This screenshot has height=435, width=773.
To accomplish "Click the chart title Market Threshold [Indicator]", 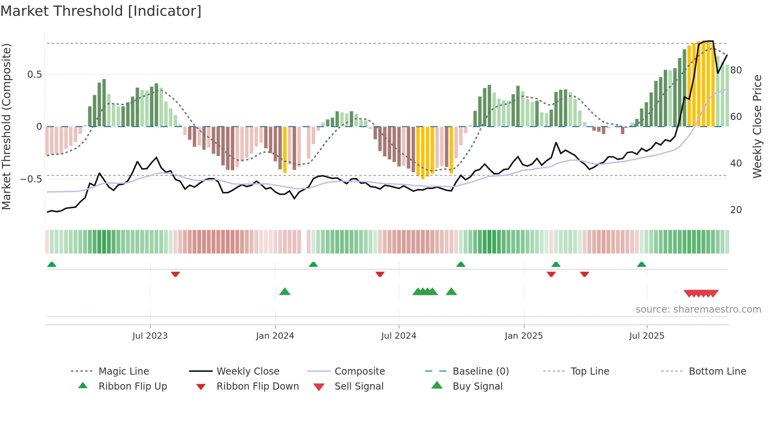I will [x=101, y=11].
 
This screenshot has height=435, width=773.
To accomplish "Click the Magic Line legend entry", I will [x=123, y=371].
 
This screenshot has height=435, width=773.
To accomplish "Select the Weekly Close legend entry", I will [x=248, y=371].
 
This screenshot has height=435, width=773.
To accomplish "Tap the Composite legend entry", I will [x=359, y=371].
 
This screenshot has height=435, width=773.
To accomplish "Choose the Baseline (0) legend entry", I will [x=480, y=371].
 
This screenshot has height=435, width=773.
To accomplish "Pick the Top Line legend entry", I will [x=590, y=371].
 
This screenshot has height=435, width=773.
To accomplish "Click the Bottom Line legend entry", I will [x=717, y=371].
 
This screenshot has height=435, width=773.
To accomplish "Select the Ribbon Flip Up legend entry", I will [x=133, y=386].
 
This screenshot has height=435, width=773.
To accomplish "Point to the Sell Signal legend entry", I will [x=358, y=386].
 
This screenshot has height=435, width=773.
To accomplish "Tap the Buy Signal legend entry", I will [x=477, y=386].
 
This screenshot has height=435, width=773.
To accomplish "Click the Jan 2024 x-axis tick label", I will [x=275, y=336].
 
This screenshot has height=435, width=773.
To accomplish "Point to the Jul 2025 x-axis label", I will [x=646, y=336].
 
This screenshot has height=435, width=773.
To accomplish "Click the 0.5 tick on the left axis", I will [x=34, y=74].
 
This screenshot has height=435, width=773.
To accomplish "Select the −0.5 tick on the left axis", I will [x=31, y=179].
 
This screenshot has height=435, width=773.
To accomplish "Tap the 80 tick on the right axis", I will [x=736, y=70].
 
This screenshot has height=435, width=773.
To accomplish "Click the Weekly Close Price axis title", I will [x=757, y=126].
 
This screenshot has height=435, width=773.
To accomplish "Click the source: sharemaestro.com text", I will [x=698, y=309].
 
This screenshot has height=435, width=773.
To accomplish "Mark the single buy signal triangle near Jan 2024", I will [x=285, y=292].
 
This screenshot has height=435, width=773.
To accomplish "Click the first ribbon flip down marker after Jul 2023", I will [x=176, y=274].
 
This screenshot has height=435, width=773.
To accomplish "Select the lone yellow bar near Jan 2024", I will [x=285, y=149].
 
